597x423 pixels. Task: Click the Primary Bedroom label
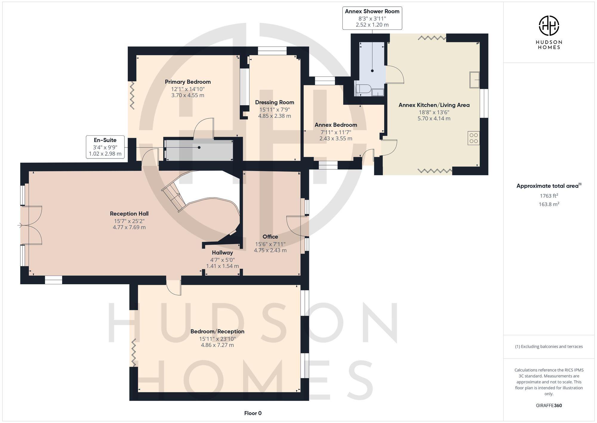[x=187, y=82]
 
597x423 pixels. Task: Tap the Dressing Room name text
[x=274, y=102]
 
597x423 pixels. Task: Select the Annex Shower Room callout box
[x=372, y=18]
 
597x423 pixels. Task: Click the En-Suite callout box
[x=105, y=147]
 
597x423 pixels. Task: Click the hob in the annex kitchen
[x=473, y=138]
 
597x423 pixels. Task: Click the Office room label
[x=270, y=237]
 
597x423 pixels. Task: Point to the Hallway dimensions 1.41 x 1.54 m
[x=222, y=266]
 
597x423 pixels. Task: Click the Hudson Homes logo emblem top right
[x=549, y=26]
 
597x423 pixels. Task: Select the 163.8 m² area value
[x=549, y=204]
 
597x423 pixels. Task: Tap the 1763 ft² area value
[x=549, y=196]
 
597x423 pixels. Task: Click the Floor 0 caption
[x=253, y=413]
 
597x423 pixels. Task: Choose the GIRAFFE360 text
[x=549, y=406]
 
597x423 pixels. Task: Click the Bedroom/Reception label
[x=217, y=332]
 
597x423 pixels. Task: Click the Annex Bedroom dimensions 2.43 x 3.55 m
[x=336, y=139]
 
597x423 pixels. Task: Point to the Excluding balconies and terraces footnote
[x=549, y=347]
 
